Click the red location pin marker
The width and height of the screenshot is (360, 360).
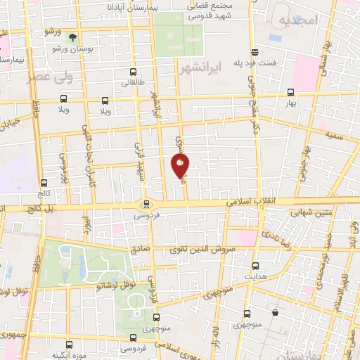click(x=180, y=166)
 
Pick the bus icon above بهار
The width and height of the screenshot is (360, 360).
click(x=290, y=92)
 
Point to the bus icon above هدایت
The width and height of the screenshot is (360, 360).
click(x=255, y=266)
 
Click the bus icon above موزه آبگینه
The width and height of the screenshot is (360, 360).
click(x=69, y=345)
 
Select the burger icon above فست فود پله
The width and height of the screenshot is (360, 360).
click(x=255, y=51)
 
